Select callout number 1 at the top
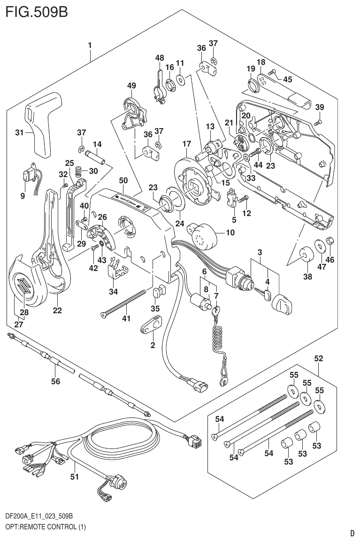pyautogui.click(x=89, y=46)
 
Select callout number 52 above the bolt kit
pyautogui.click(x=319, y=358)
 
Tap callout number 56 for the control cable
pyautogui.click(x=55, y=382)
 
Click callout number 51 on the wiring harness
pyautogui.click(x=74, y=477)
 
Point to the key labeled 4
pyautogui.click(x=267, y=295)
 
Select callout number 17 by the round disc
pyautogui.click(x=186, y=144)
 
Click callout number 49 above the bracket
pyautogui.click(x=131, y=85)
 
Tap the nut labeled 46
pyautogui.click(x=330, y=241)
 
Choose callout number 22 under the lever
pyautogui.click(x=57, y=310)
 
